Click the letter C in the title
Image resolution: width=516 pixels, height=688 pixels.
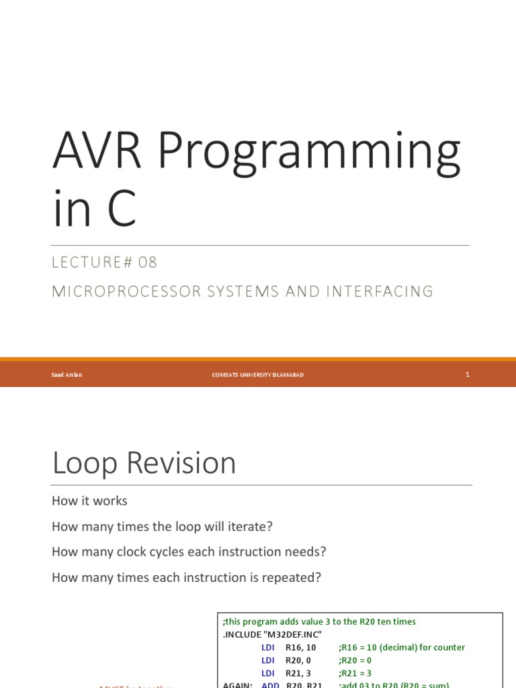point(120,208)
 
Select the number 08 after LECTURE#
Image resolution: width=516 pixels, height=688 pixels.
point(148,263)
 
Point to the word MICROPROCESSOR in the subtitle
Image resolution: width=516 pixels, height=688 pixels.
point(126,292)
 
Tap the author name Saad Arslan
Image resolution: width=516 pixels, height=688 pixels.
point(67,375)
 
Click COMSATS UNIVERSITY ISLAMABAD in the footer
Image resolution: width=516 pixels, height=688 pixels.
point(257,375)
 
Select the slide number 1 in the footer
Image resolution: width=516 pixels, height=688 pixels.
point(467,375)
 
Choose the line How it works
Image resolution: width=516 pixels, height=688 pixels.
point(89,501)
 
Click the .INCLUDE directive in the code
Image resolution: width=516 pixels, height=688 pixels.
point(245,635)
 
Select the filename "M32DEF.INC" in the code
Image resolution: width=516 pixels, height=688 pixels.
point(295,635)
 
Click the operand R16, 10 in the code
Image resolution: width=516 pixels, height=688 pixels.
point(301,648)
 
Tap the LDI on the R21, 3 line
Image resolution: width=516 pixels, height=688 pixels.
point(268,673)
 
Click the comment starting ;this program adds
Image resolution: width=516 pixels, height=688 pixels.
point(319,622)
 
